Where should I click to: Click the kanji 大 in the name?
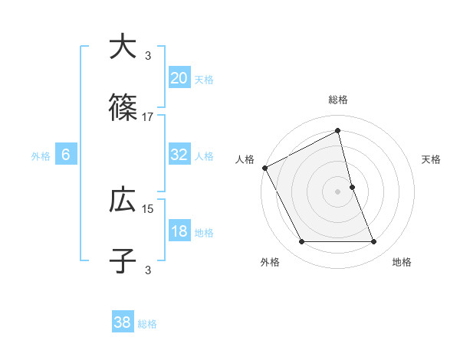(123, 47)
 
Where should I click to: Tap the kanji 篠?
(123, 109)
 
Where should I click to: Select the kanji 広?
(123, 201)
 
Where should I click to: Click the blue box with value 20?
(179, 78)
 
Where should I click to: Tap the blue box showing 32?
(179, 155)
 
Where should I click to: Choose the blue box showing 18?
(179, 232)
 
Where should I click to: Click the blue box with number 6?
(66, 155)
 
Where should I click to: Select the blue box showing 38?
(123, 322)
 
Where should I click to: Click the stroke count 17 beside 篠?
(148, 116)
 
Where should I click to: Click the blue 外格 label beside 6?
(41, 155)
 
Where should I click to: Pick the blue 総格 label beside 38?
(148, 324)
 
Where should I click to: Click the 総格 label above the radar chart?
(338, 100)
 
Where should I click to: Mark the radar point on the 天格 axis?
(352, 187)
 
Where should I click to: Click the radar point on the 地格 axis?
(374, 242)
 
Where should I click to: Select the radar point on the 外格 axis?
(301, 242)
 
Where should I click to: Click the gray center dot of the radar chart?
(338, 191)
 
